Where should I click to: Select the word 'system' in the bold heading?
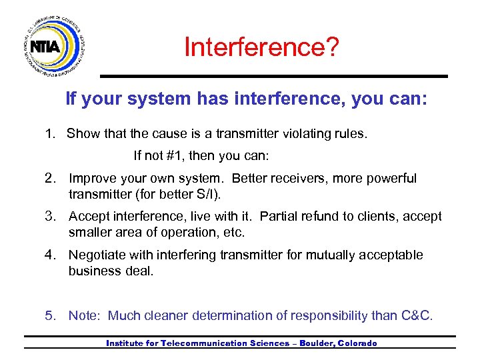[x=160, y=99]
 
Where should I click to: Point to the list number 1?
[x=49, y=133]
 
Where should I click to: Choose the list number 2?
[x=49, y=179]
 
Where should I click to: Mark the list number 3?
[x=49, y=217]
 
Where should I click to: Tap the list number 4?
[x=49, y=255]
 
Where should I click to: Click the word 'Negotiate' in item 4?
[x=97, y=255]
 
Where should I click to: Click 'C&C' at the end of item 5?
[x=417, y=315]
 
